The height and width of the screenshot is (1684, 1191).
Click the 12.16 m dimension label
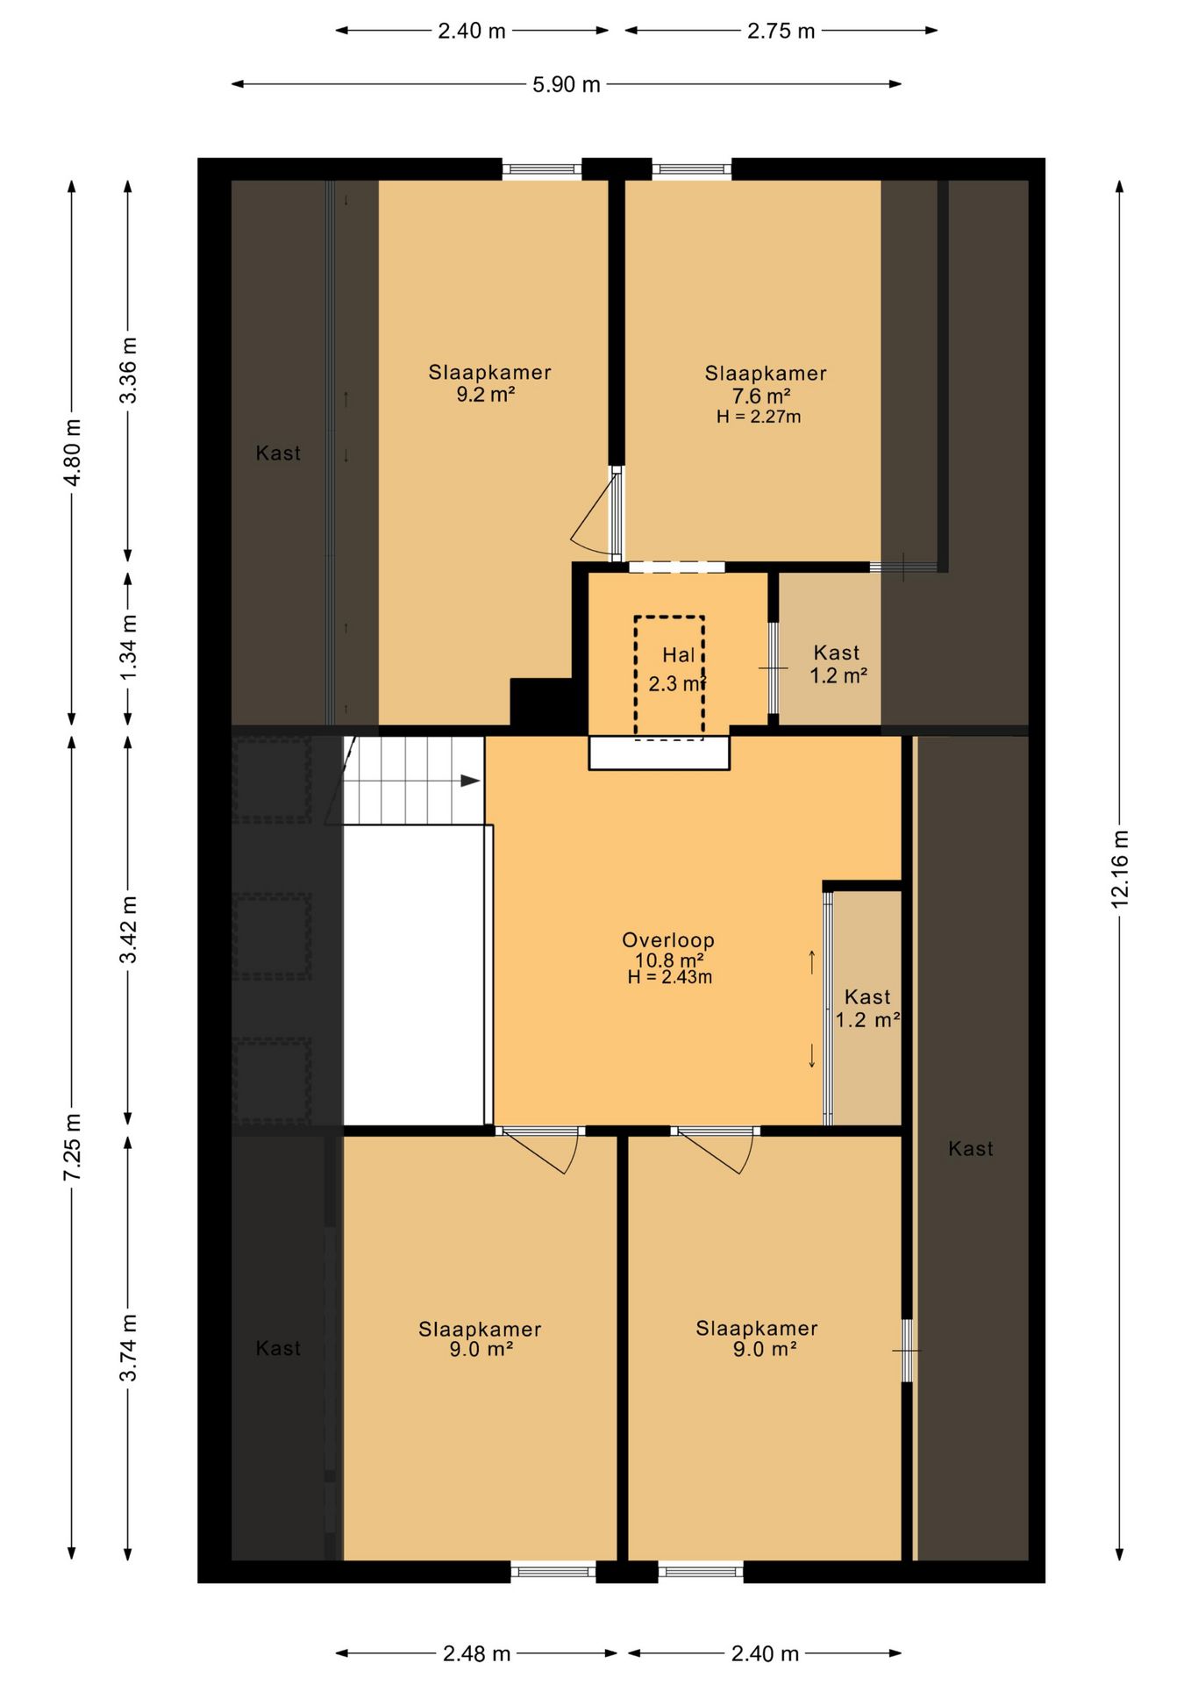pyautogui.click(x=1120, y=868)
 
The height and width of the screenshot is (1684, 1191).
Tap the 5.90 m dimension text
pyautogui.click(x=567, y=85)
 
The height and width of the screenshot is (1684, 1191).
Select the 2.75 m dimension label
pyautogui.click(x=781, y=32)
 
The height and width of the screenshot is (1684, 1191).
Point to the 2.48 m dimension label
pyautogui.click(x=476, y=1653)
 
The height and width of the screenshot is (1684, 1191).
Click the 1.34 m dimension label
pyautogui.click(x=129, y=646)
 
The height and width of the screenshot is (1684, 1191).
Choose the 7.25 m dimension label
pyautogui.click(x=73, y=1146)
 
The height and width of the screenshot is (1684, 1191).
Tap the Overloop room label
pyautogui.click(x=668, y=940)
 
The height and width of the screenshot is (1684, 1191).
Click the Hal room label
pyautogui.click(x=679, y=655)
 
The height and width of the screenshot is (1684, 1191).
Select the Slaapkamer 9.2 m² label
pyautogui.click(x=489, y=383)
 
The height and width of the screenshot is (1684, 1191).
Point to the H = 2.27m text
pyautogui.click(x=759, y=417)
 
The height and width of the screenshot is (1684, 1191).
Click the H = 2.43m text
pyautogui.click(x=670, y=977)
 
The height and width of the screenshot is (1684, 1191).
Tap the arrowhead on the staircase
pyautogui.click(x=471, y=781)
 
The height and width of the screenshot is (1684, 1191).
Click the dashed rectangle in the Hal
pyautogui.click(x=670, y=677)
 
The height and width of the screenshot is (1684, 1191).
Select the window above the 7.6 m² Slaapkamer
pyautogui.click(x=691, y=169)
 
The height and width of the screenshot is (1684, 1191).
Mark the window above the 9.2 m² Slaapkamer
pyautogui.click(x=542, y=169)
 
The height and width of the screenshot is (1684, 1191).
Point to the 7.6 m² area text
pyautogui.click(x=762, y=396)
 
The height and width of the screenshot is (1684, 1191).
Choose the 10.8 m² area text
pyautogui.click(x=669, y=960)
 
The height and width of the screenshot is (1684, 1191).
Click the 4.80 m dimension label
pyautogui.click(x=73, y=453)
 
